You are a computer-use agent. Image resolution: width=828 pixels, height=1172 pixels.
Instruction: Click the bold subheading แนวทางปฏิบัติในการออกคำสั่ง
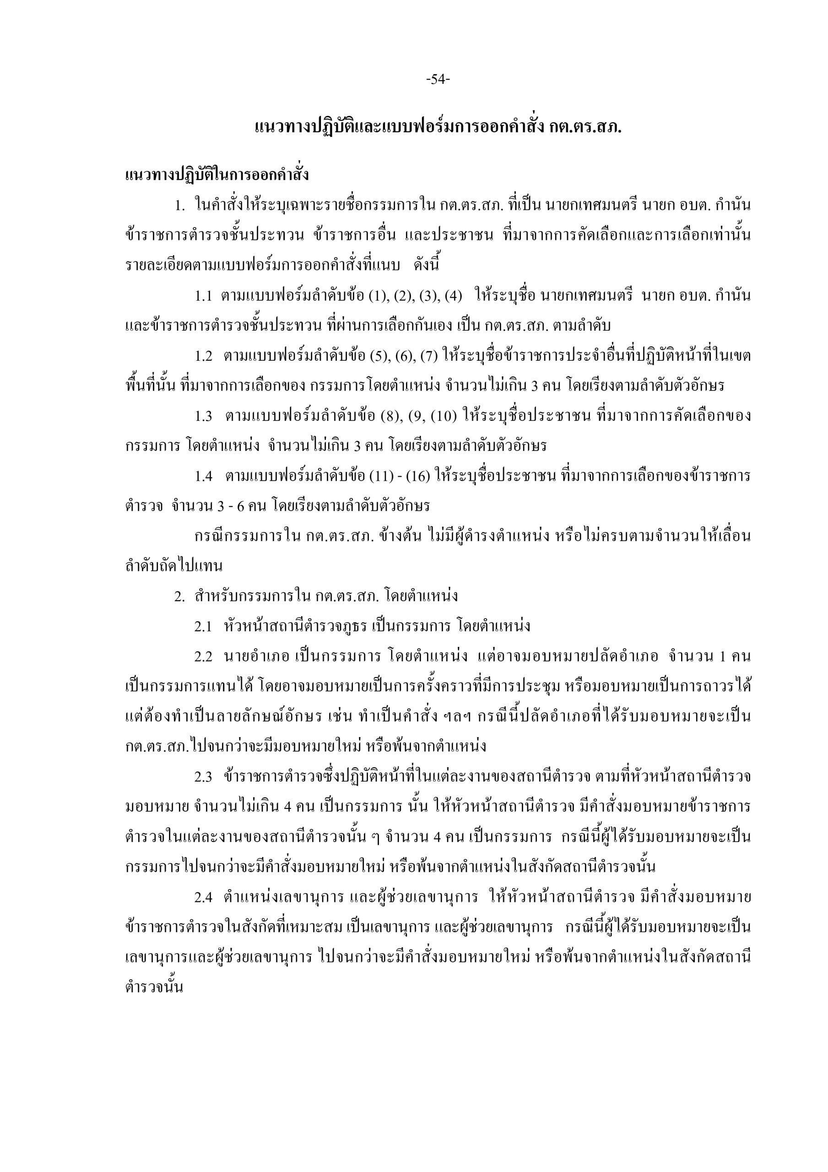click(217, 175)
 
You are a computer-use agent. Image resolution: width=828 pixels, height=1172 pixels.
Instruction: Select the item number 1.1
click(203, 296)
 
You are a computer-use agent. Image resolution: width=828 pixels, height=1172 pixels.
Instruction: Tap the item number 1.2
click(203, 356)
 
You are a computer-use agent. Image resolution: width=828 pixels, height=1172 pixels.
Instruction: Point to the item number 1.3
click(203, 417)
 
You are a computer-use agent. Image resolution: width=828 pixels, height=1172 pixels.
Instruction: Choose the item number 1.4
click(203, 477)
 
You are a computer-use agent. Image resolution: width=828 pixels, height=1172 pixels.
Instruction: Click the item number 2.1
click(203, 626)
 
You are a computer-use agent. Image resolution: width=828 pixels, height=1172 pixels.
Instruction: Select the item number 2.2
click(203, 657)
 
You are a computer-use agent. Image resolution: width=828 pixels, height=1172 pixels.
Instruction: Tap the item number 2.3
click(203, 777)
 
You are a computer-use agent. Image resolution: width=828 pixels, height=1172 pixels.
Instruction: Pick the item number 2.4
click(203, 897)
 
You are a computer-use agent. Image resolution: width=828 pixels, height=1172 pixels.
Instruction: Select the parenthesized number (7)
click(429, 356)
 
